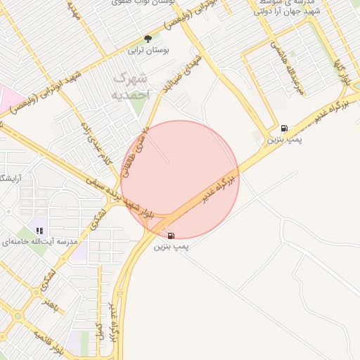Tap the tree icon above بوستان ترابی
point(147,39)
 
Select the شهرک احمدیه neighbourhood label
point(131,85)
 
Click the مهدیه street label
point(73,10)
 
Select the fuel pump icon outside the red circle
point(283,128)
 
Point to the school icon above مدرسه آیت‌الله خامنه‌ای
point(41,230)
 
